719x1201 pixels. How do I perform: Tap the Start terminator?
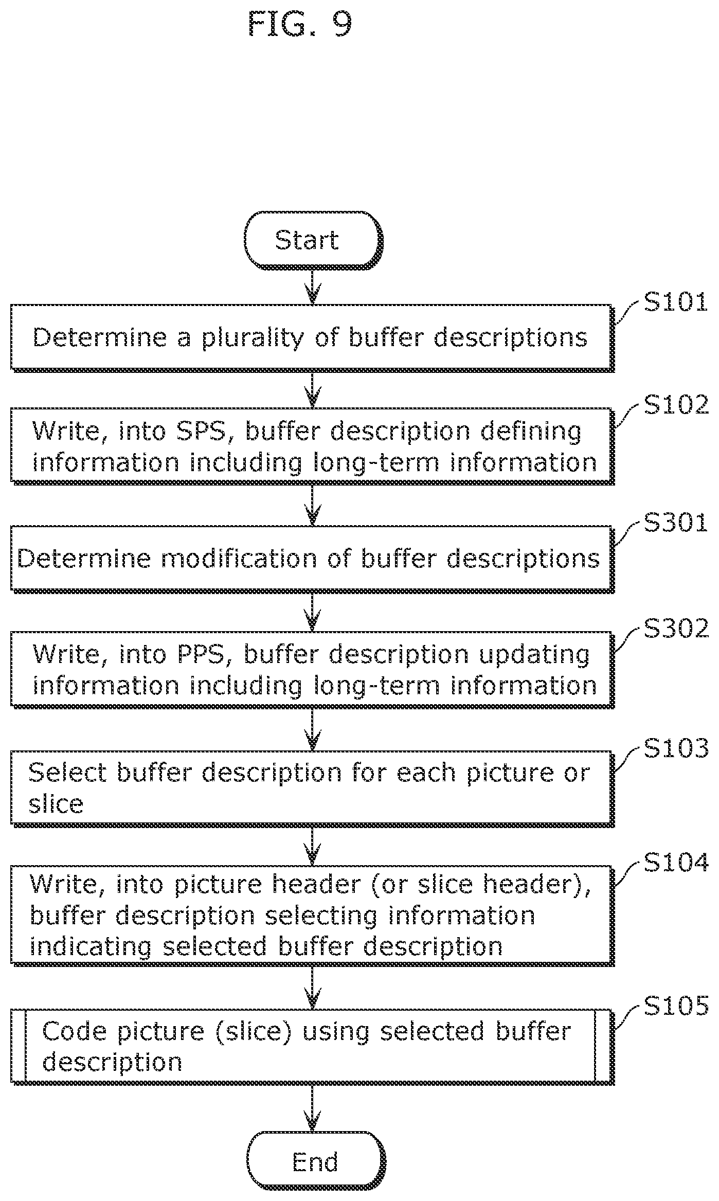coord(313,240)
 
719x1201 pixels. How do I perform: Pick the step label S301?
coord(675,523)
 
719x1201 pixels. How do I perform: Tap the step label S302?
coord(675,629)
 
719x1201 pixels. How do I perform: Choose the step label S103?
coord(675,748)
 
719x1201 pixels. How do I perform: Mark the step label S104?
coord(675,863)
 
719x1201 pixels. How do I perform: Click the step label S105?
coord(675,1005)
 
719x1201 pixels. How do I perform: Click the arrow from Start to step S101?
coord(312,287)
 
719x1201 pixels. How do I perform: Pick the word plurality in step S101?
coord(252,339)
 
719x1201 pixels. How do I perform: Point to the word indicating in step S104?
coord(91,946)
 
